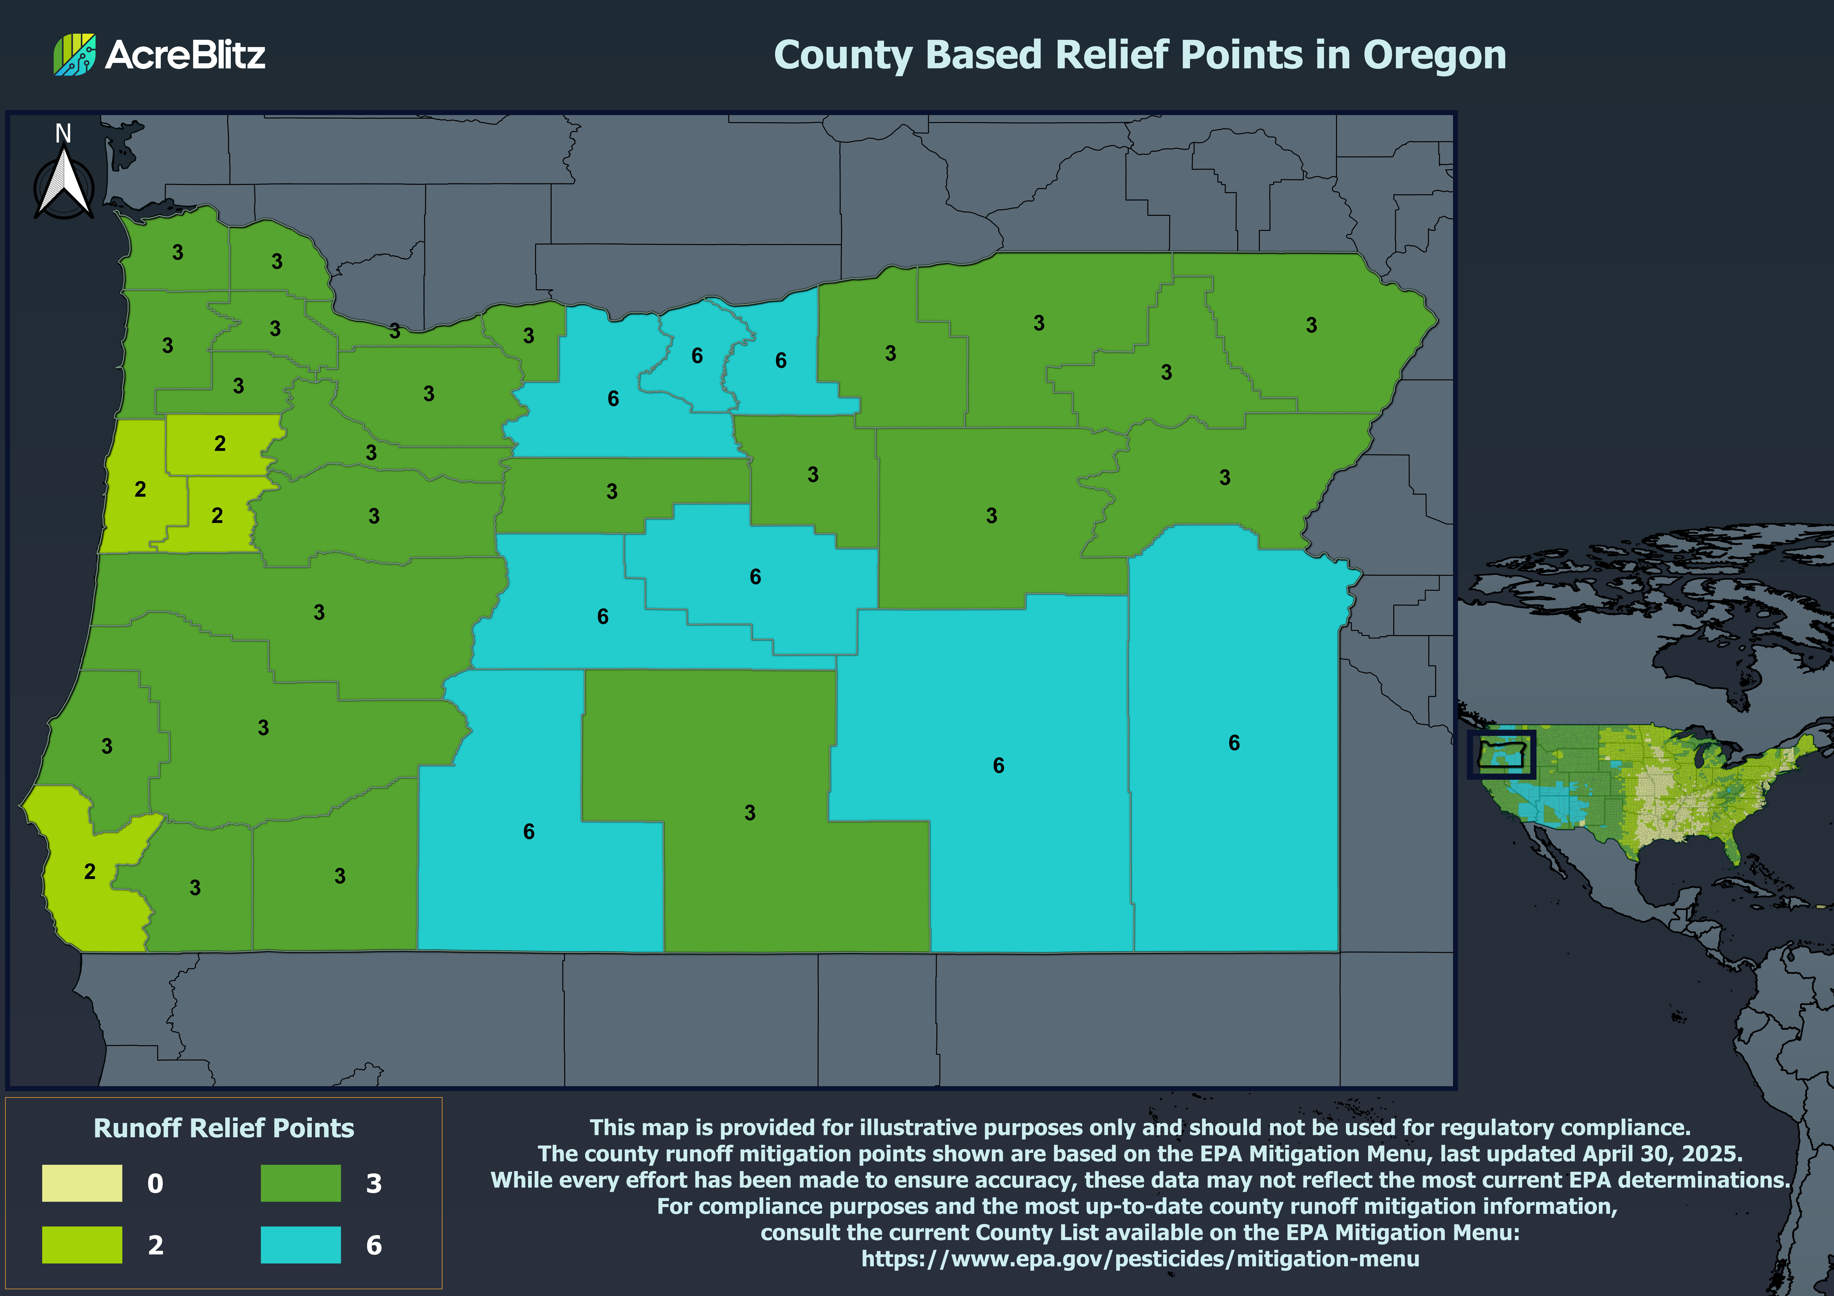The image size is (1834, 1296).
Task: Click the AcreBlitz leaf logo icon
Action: click(x=74, y=54)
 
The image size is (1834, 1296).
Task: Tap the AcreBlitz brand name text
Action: click(x=184, y=54)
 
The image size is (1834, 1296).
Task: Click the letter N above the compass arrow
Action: click(x=63, y=133)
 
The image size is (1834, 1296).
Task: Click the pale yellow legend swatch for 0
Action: click(x=82, y=1183)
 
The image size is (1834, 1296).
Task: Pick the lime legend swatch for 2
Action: click(x=82, y=1244)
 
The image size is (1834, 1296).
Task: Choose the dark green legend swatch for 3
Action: click(x=300, y=1183)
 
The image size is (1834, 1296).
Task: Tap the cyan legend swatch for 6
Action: click(x=300, y=1244)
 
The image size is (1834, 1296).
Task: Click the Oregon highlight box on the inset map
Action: click(x=1501, y=754)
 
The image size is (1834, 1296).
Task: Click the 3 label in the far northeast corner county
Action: click(x=1311, y=325)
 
